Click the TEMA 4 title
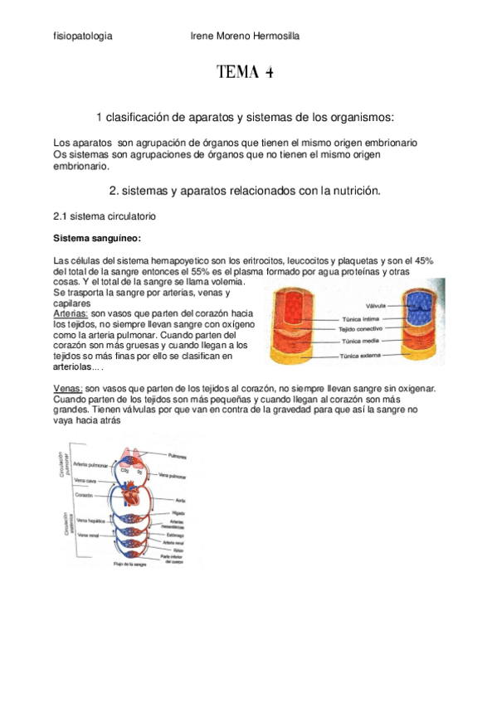(x=245, y=72)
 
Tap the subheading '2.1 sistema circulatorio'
(x=104, y=216)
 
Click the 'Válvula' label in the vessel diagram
(x=366, y=306)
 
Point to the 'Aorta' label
(x=180, y=500)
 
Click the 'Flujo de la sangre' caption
(x=131, y=563)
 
